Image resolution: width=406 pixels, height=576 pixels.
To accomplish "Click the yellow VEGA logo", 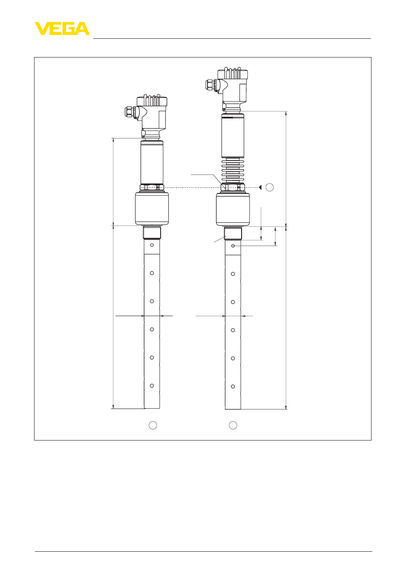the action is [62, 29].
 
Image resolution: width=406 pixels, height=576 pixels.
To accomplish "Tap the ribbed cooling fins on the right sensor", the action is [233, 170].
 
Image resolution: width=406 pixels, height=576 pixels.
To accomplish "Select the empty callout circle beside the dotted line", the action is [270, 187].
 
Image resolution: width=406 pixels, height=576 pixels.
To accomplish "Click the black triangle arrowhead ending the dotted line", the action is [260, 187].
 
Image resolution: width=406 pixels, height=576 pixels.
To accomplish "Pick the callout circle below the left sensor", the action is [153, 425].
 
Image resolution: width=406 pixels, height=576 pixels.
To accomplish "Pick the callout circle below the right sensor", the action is [233, 425].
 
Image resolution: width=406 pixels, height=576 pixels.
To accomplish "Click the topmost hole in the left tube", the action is [152, 245].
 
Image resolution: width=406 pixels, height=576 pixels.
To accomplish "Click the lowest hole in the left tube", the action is [152, 386].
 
